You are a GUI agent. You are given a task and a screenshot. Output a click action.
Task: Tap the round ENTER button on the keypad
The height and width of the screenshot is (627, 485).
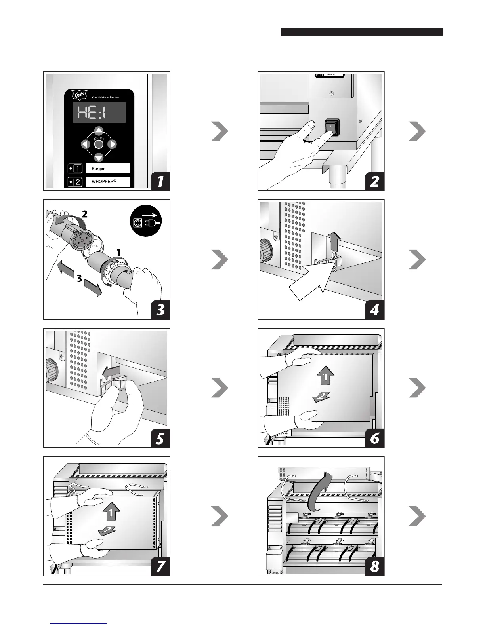(99, 144)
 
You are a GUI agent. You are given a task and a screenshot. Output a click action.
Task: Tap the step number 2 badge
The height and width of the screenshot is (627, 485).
(374, 181)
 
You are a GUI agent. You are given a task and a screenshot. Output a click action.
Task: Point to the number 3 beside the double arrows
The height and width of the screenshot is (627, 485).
(80, 279)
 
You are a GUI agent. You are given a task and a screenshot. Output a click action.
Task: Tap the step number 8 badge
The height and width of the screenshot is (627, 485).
(374, 566)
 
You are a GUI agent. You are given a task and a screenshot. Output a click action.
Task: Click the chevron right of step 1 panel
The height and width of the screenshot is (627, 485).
(220, 132)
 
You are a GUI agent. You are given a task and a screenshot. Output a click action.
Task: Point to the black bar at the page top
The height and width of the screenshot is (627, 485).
(361, 32)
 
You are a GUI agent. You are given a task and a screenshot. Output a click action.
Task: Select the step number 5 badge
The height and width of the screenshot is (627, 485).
(160, 438)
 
